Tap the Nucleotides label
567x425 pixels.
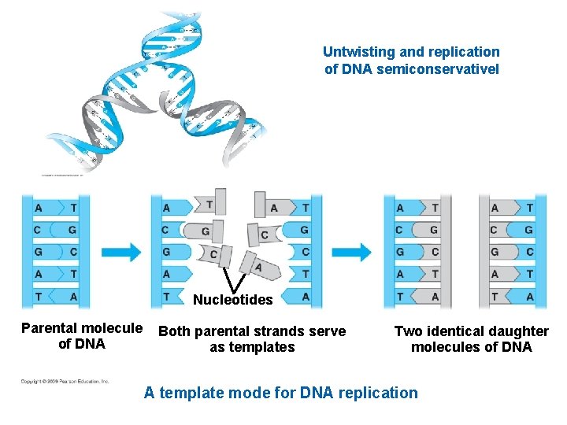[x=232, y=300]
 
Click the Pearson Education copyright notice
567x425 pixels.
[x=65, y=382]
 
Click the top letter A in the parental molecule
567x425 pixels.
[x=39, y=208]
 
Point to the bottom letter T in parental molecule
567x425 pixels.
[x=39, y=296]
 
